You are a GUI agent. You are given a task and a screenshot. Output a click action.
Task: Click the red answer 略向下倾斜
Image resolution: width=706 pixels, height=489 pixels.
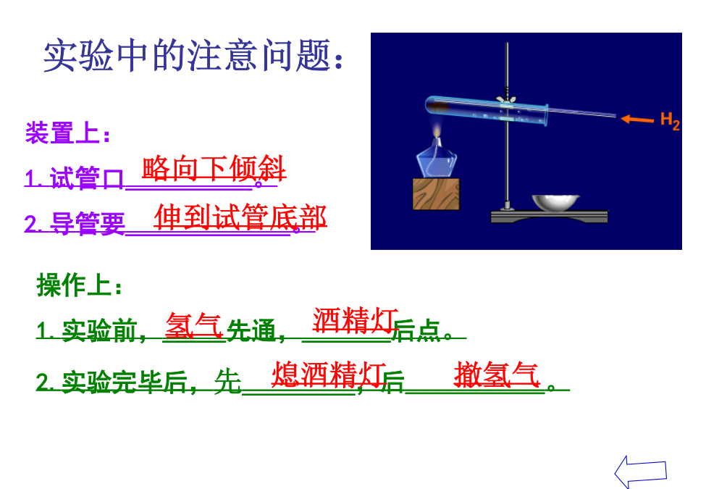(x=214, y=168)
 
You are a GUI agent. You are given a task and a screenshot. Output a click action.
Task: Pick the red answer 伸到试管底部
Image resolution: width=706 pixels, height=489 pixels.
(x=240, y=217)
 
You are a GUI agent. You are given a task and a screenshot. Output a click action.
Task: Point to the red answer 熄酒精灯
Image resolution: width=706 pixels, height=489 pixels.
(x=329, y=375)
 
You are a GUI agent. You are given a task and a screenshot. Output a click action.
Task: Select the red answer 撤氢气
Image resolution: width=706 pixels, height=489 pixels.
(x=497, y=375)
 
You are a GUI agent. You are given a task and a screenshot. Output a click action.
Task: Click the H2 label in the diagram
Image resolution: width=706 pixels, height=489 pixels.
(x=670, y=121)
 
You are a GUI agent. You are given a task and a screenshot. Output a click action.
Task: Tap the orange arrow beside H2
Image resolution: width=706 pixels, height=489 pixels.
(x=637, y=120)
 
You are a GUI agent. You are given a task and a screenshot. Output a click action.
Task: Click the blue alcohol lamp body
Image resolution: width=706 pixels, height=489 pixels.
(x=437, y=159)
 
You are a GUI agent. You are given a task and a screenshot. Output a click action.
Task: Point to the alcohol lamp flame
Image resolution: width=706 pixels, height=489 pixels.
(x=437, y=130)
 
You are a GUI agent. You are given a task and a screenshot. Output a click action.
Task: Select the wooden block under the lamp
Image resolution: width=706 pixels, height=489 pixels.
(x=436, y=194)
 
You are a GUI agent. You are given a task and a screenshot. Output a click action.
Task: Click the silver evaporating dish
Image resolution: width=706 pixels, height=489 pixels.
(x=555, y=203)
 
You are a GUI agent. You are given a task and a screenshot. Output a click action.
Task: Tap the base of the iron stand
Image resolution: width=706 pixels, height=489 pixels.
(x=550, y=217)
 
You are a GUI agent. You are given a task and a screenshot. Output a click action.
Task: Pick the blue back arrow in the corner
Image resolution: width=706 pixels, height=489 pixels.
(x=640, y=472)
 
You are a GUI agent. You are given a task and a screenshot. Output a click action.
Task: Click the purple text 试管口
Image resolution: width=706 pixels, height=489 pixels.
(x=86, y=178)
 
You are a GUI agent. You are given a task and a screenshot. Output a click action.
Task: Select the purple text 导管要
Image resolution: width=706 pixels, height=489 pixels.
(x=88, y=224)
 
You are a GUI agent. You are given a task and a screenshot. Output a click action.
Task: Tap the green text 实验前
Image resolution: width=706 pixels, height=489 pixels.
(x=99, y=331)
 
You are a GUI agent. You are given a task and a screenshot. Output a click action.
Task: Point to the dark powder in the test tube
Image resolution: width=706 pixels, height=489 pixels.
(x=440, y=107)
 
